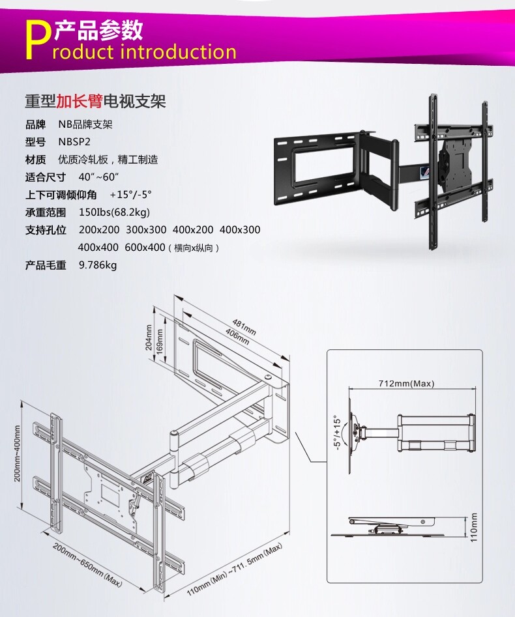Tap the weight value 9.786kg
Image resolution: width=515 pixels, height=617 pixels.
(98, 265)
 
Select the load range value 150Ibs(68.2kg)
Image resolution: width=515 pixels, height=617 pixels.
(115, 212)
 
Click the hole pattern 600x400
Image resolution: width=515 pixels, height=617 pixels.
(145, 248)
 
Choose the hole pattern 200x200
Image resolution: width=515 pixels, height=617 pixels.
(98, 230)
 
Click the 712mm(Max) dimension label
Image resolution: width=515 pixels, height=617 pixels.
(406, 383)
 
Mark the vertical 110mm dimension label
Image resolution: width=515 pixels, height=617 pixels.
(474, 526)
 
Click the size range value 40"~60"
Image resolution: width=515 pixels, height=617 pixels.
(98, 177)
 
